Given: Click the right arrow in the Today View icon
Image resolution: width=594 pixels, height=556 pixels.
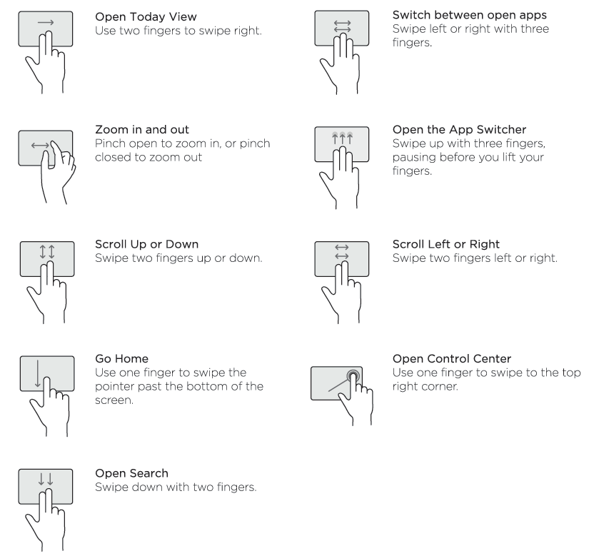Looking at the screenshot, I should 44,23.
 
